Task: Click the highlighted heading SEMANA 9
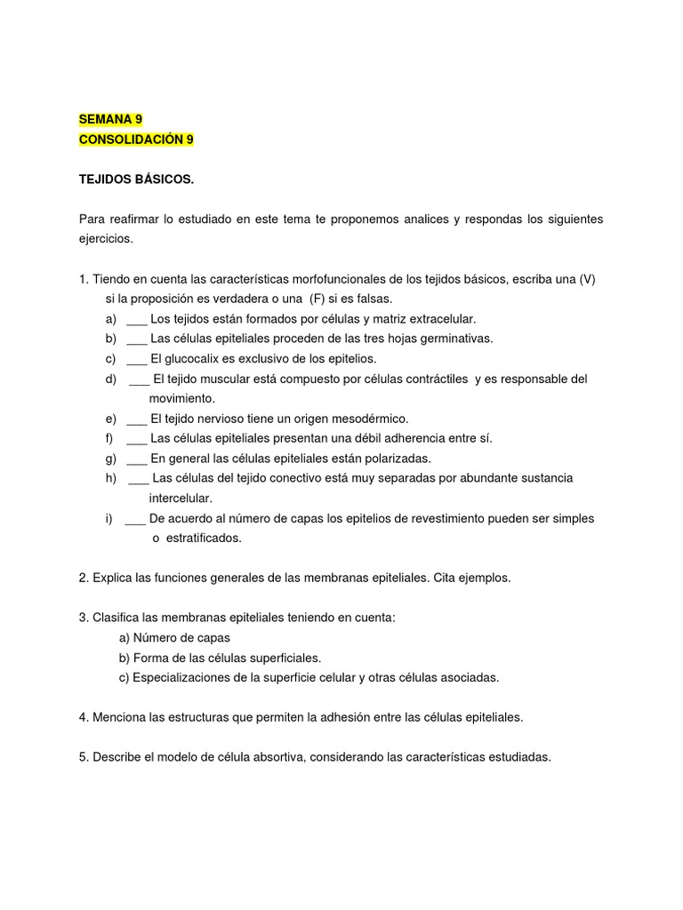(111, 119)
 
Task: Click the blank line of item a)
(136, 319)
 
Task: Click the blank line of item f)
(136, 438)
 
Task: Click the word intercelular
(181, 498)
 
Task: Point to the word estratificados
(204, 538)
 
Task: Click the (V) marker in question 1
(586, 279)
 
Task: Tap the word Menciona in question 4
(118, 717)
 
